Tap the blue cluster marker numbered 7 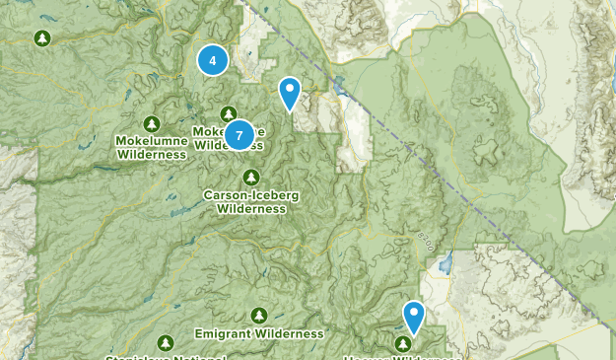[239, 134]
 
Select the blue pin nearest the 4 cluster [289, 94]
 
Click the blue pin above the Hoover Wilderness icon [414, 318]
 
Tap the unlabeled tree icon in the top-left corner [41, 38]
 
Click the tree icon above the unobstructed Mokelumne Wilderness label [151, 123]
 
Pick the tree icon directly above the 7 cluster [229, 113]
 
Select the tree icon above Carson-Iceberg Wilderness [251, 178]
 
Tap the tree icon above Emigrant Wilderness [258, 316]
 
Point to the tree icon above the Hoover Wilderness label [403, 343]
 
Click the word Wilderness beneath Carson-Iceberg [251, 208]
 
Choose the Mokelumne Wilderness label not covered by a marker [151, 147]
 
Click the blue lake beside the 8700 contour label [445, 264]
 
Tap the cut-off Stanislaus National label [168, 356]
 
